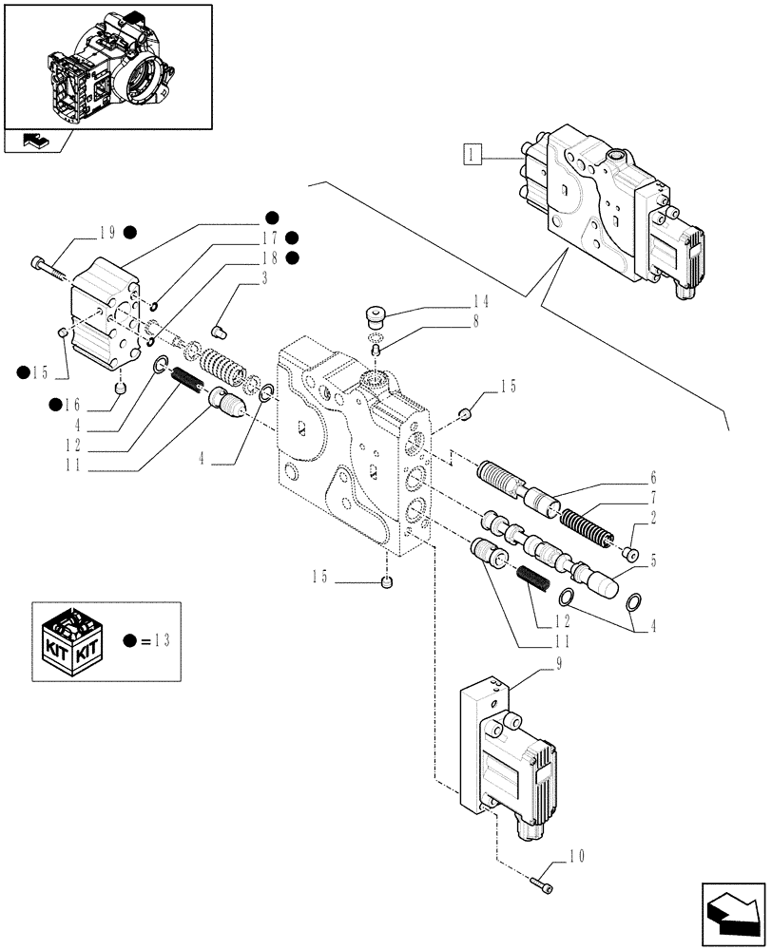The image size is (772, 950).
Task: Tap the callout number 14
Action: (481, 302)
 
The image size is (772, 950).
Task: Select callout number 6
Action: (653, 478)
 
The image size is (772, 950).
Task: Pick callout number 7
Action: (653, 497)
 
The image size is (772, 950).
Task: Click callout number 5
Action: (653, 560)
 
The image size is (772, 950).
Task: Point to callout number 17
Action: (271, 237)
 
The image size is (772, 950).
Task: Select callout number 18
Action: (271, 257)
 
